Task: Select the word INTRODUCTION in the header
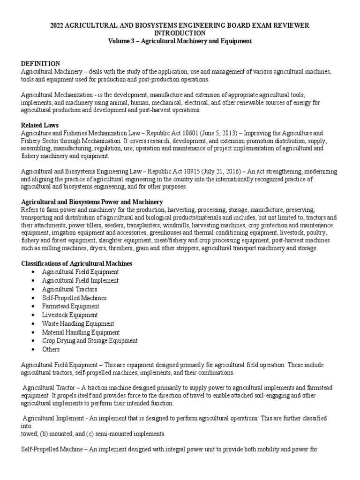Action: click(x=180, y=33)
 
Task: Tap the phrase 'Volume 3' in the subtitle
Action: click(x=120, y=41)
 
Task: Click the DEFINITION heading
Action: click(x=40, y=63)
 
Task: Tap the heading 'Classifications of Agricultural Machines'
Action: click(x=77, y=263)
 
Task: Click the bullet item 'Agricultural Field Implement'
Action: click(x=80, y=280)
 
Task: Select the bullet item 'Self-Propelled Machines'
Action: click(x=74, y=298)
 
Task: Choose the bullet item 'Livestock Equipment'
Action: click(x=70, y=315)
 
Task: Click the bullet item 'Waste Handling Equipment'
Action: click(x=78, y=323)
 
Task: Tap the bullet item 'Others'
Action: click(x=51, y=349)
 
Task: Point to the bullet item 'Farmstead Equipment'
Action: click(x=70, y=306)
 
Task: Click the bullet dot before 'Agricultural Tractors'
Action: click(x=32, y=289)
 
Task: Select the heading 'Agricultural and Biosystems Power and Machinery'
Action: click(x=92, y=202)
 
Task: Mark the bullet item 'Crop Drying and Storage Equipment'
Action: click(x=90, y=341)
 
